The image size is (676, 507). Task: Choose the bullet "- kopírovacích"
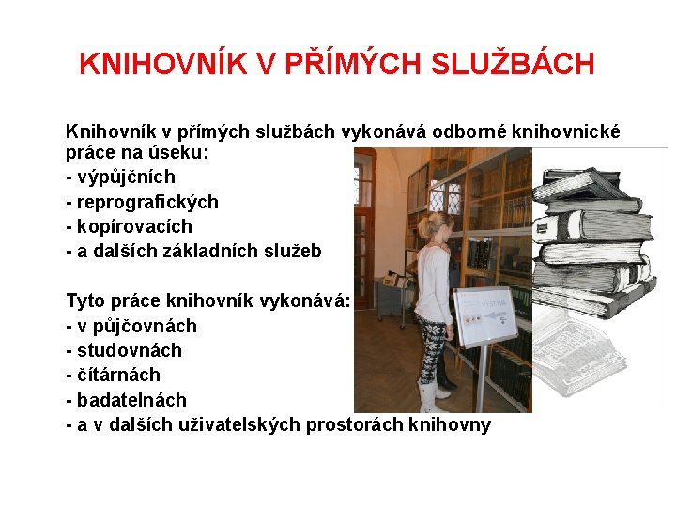[x=129, y=226]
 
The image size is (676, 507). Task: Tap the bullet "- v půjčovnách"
[x=131, y=326]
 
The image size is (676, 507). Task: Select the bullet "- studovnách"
[x=124, y=350]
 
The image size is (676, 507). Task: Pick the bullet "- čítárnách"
[x=113, y=375]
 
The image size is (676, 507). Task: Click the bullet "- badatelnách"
[x=126, y=399]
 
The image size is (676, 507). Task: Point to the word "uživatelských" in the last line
[x=244, y=424]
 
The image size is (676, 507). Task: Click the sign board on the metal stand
[x=484, y=314]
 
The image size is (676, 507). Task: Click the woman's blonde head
[x=434, y=226]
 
